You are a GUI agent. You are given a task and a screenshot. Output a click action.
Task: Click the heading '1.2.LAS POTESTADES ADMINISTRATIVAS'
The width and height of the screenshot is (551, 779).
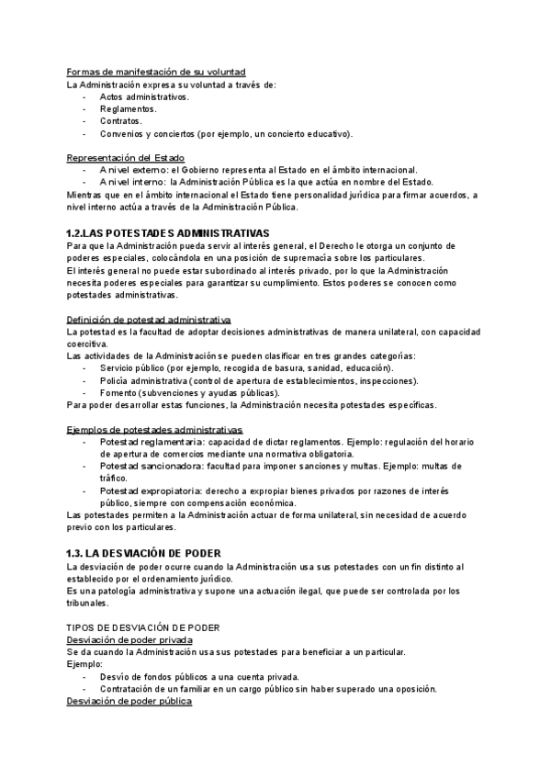(169, 233)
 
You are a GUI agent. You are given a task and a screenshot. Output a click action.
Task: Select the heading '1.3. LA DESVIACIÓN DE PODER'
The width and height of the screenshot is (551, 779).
(152, 553)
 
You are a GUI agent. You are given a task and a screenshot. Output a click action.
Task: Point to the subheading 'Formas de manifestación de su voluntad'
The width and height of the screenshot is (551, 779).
(156, 72)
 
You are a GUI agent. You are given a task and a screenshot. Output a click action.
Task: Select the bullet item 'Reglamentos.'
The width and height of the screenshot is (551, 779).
(128, 108)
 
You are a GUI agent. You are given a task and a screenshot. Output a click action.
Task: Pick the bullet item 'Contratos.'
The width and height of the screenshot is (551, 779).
(121, 120)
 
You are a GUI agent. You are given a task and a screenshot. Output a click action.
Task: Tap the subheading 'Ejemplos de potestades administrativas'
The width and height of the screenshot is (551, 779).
(155, 429)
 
